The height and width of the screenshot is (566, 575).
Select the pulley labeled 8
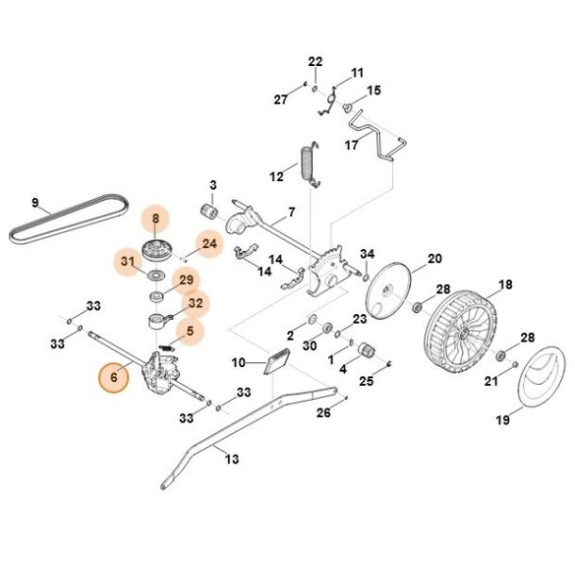pos(156,250)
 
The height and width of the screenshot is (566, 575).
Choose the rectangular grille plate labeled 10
pos(277,361)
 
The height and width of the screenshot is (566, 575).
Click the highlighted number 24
pos(209,243)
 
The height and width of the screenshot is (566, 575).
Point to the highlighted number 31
pos(127,261)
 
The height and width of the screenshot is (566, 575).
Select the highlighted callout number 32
pos(195,303)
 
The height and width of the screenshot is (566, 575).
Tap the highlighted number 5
pos(189,331)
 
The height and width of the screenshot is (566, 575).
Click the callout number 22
pos(315,61)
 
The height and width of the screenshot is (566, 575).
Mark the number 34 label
pos(367,254)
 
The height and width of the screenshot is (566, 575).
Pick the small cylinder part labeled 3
pos(209,212)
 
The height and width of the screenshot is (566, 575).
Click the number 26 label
pos(323,412)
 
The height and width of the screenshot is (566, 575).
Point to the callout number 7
pos(291,212)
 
